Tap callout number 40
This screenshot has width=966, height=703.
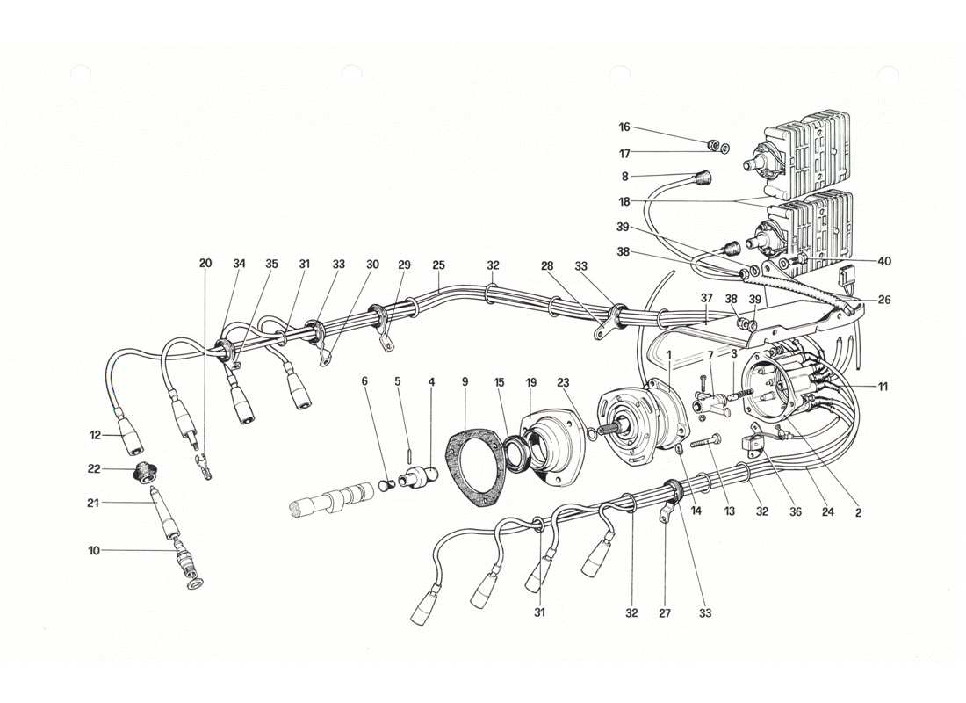point(883,260)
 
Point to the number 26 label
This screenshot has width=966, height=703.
point(883,300)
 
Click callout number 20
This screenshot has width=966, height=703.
point(205,264)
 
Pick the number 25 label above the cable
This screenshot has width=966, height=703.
point(438,265)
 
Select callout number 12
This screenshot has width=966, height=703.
point(97,435)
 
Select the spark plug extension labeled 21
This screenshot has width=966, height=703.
point(165,513)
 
